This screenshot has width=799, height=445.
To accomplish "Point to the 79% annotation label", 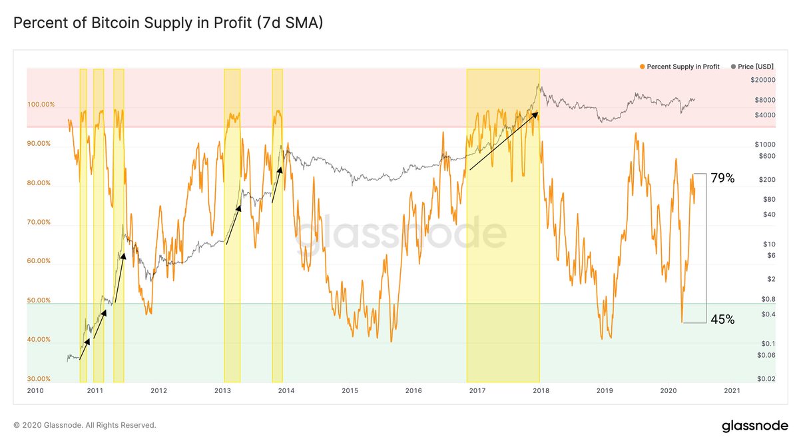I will [722, 178].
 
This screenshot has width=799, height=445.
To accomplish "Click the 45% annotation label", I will [722, 319].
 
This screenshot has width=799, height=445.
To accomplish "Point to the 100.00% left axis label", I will [41, 105].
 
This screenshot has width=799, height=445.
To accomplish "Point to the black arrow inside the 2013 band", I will [233, 224].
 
